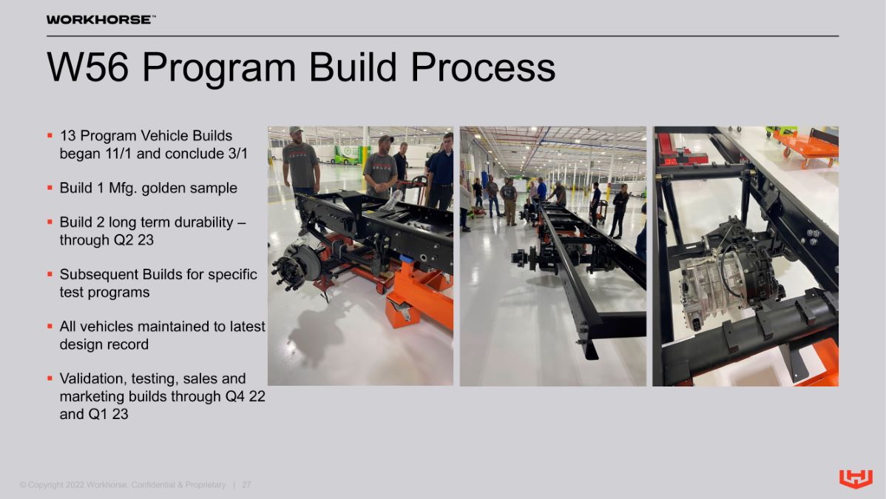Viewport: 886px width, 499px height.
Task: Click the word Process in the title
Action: (483, 67)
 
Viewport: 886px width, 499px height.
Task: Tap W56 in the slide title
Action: (88, 67)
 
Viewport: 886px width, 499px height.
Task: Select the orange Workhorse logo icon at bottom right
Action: (856, 478)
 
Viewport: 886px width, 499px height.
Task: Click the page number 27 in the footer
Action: (246, 485)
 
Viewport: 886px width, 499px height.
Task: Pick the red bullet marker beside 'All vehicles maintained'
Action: (50, 326)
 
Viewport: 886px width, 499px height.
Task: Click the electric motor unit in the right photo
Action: (729, 272)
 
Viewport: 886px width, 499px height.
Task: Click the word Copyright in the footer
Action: (45, 485)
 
